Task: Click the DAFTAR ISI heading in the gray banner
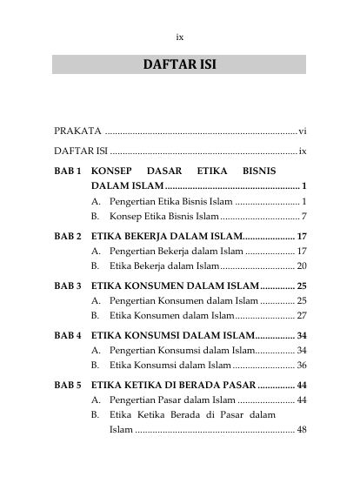point(179,64)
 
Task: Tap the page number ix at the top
point(179,37)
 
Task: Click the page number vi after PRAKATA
point(302,131)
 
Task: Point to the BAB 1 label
point(68,172)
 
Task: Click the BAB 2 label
point(68,236)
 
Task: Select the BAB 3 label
point(68,285)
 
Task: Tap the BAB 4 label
point(68,335)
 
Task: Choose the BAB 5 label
point(68,385)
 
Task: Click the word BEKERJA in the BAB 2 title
point(150,236)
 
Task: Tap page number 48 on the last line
point(301,430)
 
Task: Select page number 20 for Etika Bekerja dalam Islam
point(301,265)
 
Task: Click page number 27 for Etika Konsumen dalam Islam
point(301,315)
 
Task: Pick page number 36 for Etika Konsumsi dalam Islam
point(301,365)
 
